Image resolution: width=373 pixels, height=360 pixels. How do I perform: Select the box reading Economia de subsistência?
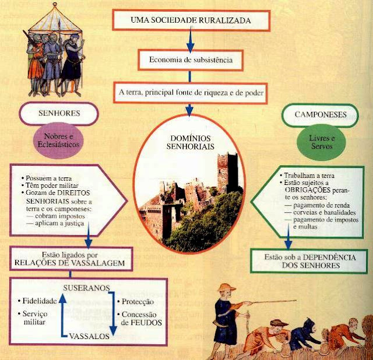tap(190, 60)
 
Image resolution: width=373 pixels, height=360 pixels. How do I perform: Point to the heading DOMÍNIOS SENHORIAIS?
tap(190, 139)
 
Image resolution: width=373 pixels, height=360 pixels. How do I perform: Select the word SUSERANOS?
tap(89, 288)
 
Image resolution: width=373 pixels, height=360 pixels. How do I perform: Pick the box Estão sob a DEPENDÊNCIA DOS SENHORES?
tap(309, 261)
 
